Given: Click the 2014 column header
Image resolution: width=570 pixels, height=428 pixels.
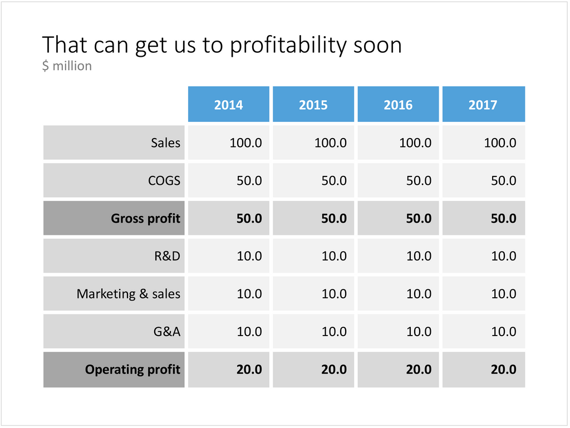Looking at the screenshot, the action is click(x=228, y=105).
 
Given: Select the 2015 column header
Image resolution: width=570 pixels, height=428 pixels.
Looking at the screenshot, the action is click(x=313, y=105).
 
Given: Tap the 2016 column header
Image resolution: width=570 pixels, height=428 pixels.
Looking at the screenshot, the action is click(x=398, y=105).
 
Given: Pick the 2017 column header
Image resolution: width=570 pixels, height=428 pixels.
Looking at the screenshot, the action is click(x=483, y=105).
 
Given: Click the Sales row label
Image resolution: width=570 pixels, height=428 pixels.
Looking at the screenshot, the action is click(x=165, y=143).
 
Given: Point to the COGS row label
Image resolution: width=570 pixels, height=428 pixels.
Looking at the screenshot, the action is click(x=164, y=180).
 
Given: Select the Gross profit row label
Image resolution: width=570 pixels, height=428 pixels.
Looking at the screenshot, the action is click(x=145, y=218).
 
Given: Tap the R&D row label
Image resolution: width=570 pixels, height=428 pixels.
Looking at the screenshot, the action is click(x=167, y=256).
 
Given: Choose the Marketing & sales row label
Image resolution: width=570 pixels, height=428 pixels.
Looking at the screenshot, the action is click(x=129, y=294).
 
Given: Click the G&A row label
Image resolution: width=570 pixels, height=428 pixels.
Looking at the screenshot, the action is click(x=167, y=332).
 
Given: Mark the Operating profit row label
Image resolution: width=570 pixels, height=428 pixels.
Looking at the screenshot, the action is click(x=132, y=370).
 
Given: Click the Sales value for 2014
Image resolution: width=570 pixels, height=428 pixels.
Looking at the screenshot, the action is click(x=245, y=143).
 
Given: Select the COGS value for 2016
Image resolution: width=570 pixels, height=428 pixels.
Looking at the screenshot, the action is click(x=419, y=180).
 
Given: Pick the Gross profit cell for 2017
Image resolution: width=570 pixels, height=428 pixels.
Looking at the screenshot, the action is click(x=503, y=218).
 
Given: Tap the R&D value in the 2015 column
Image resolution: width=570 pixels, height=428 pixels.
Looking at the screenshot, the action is click(x=334, y=256).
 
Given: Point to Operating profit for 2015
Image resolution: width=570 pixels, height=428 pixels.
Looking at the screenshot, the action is click(x=334, y=370).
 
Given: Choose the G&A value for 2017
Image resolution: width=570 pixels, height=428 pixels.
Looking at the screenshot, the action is click(x=504, y=332).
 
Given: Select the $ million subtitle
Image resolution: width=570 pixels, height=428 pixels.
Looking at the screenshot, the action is click(x=67, y=66).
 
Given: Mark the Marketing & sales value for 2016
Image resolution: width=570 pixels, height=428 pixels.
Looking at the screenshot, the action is click(x=419, y=294).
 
